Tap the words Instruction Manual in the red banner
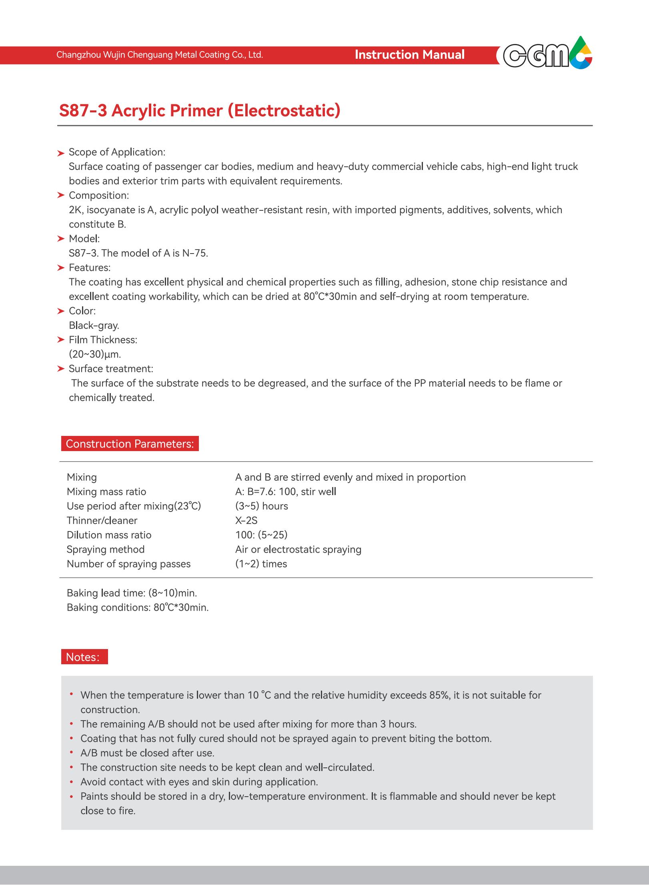click(409, 55)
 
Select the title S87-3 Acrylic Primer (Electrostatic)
click(200, 110)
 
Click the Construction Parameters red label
click(130, 444)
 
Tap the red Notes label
click(84, 657)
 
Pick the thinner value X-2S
click(246, 520)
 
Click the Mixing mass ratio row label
click(106, 491)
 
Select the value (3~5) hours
click(261, 506)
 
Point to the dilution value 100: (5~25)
click(261, 535)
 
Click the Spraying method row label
click(105, 549)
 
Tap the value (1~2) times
click(261, 563)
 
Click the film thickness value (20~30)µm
click(95, 354)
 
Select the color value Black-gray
click(94, 325)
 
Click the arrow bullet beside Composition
click(60, 196)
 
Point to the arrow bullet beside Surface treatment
click(60, 369)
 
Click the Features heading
click(90, 268)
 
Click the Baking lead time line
click(132, 593)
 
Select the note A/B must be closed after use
click(147, 753)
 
